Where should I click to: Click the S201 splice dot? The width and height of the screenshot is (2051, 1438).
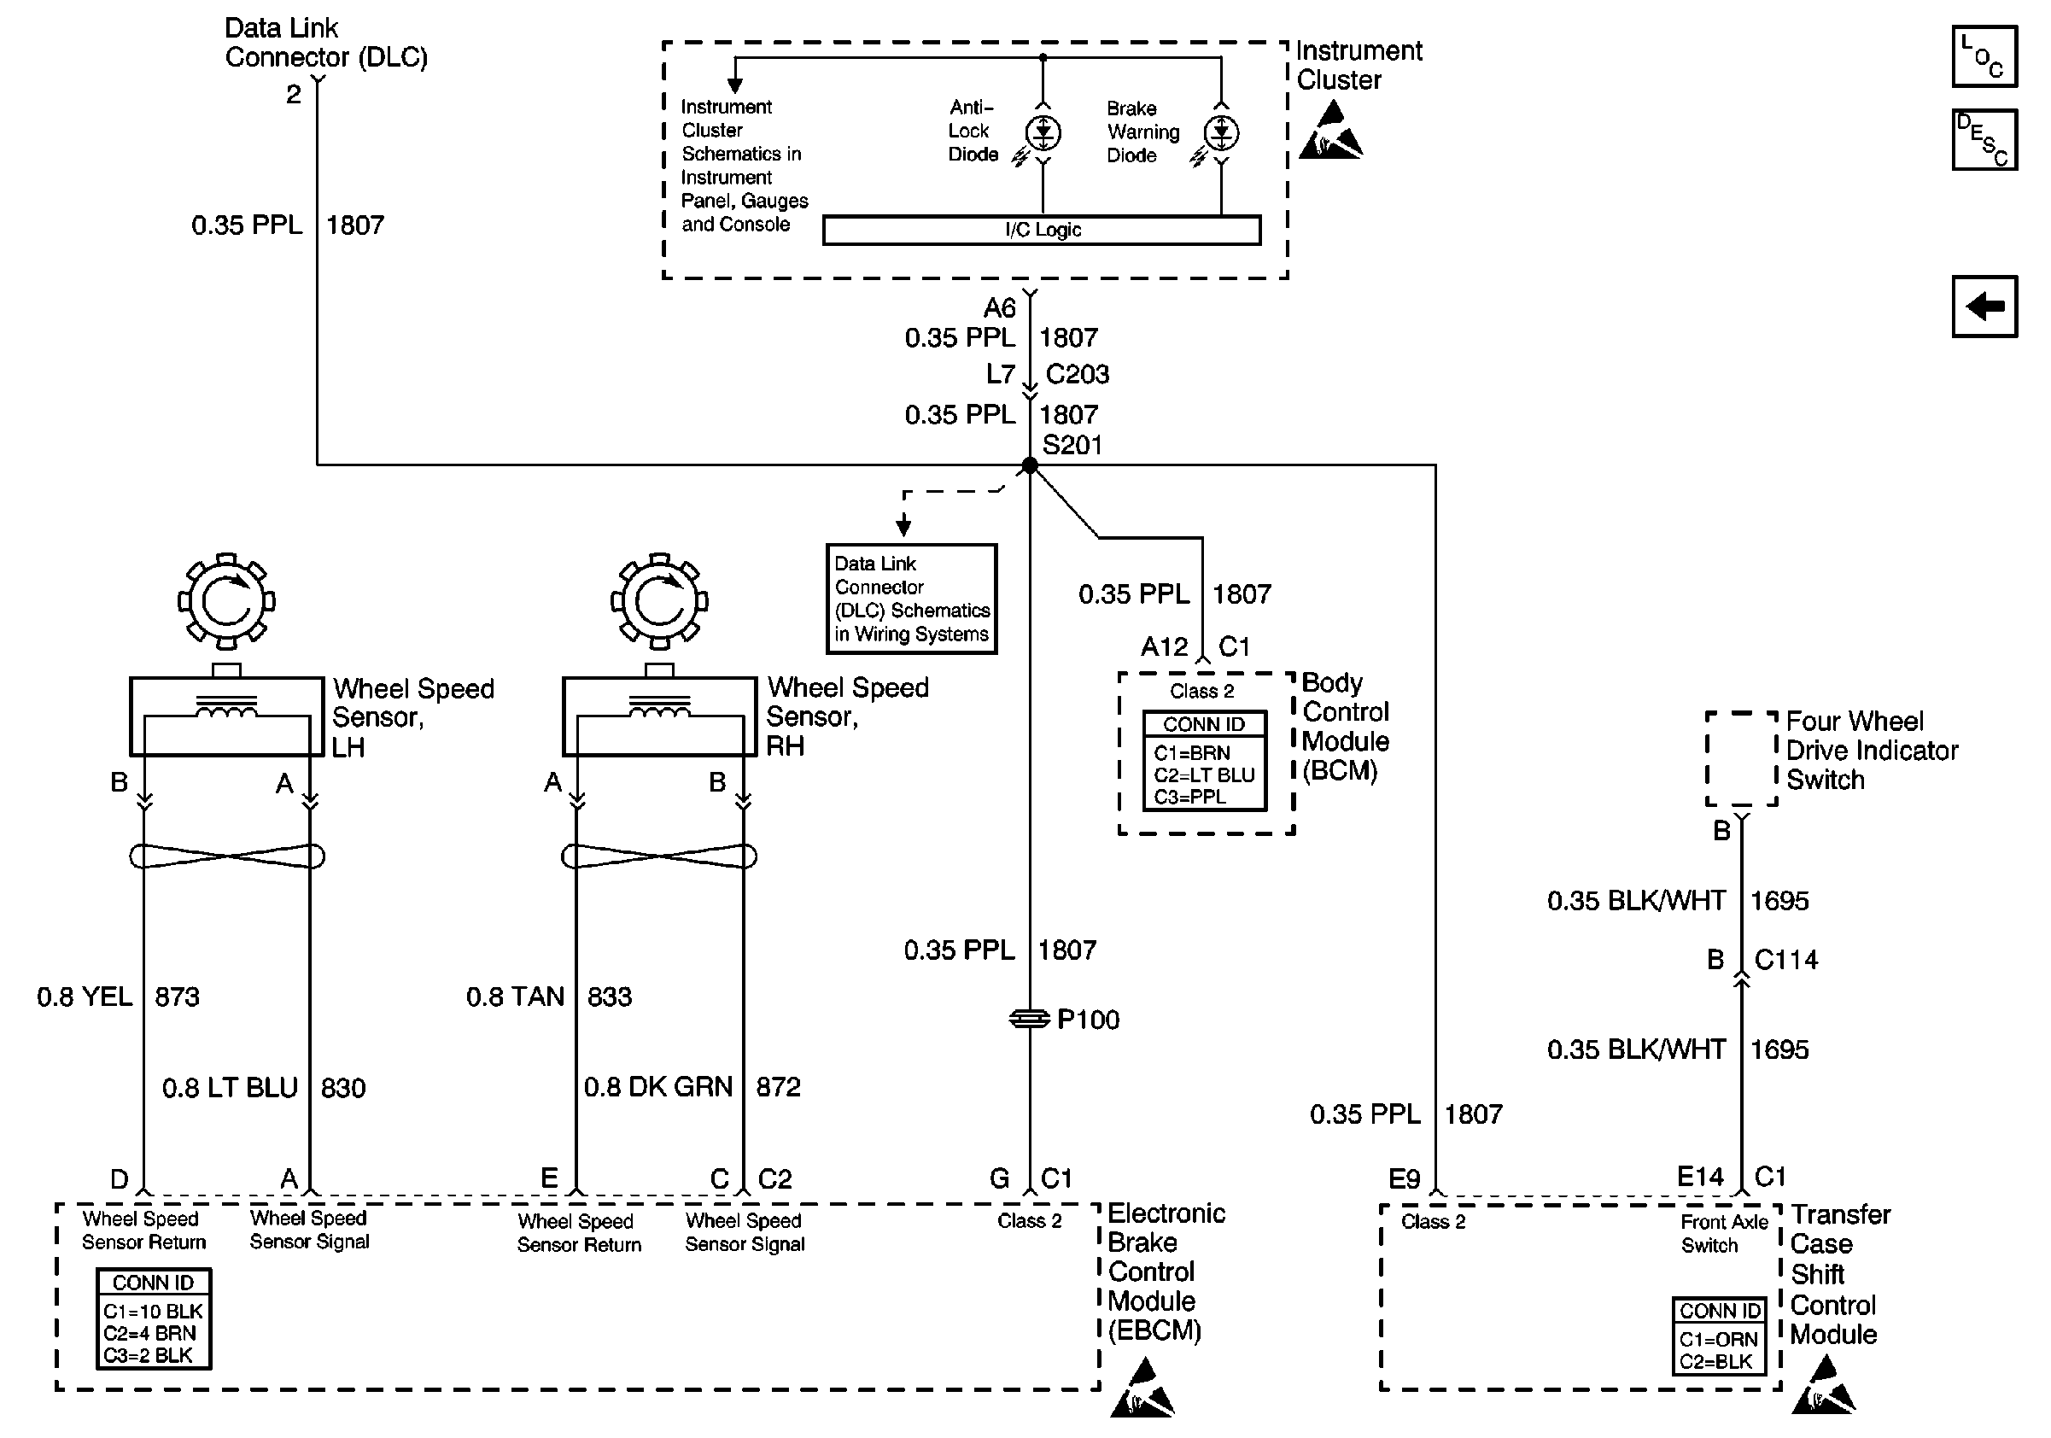pos(1030,465)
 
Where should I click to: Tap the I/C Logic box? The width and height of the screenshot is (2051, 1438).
pos(1042,230)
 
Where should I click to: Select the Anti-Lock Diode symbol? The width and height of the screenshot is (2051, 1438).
pos(1043,133)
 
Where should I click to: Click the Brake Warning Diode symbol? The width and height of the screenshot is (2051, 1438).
pos(1221,133)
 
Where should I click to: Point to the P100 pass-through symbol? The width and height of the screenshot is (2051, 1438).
pos(1030,1018)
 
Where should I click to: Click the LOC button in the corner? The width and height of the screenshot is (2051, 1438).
pos(1984,56)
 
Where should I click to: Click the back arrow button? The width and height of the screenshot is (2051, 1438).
pos(1984,307)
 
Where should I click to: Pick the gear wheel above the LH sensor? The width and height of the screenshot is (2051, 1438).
pos(227,601)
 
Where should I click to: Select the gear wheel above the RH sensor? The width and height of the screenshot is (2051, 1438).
pos(659,601)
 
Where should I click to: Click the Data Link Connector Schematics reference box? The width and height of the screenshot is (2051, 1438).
pos(911,599)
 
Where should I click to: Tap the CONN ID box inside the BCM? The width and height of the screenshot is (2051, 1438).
pos(1204,761)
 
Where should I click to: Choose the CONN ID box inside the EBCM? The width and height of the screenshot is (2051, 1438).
pos(154,1319)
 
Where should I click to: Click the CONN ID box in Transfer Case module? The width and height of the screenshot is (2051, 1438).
pos(1719,1336)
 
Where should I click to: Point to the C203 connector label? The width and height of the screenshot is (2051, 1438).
pos(1078,374)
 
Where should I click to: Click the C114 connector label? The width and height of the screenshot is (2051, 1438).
pos(1785,960)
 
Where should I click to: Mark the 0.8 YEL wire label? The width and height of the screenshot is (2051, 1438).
pos(85,997)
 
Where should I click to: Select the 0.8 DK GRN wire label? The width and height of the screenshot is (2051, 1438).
pos(658,1087)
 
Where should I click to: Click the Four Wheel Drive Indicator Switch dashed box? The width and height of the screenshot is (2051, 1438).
pos(1741,759)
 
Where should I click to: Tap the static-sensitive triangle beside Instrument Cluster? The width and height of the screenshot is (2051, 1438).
pos(1330,132)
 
